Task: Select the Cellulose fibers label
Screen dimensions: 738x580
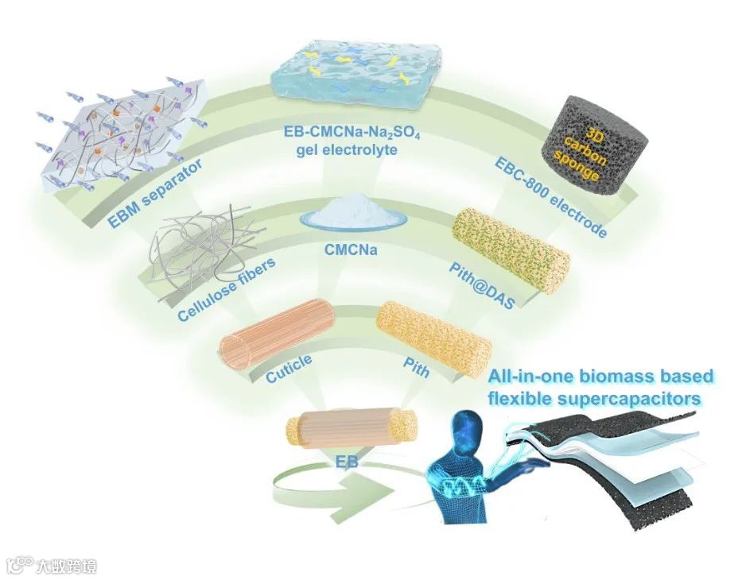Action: pyautogui.click(x=227, y=291)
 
